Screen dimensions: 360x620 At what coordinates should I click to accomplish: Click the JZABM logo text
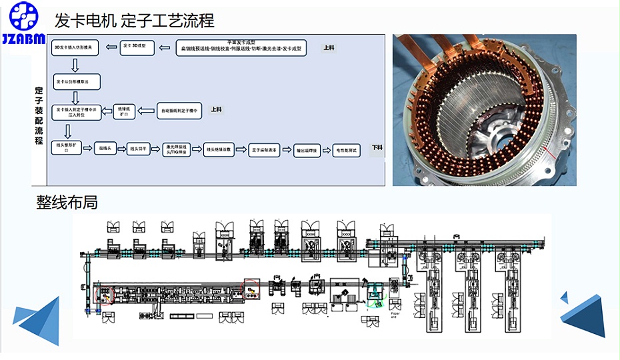tap(23, 39)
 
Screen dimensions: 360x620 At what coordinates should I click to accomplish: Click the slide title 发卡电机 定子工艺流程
tap(135, 21)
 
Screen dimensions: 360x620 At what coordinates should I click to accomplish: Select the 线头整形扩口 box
tap(67, 147)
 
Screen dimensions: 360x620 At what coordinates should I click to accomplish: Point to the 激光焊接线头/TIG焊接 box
tap(178, 149)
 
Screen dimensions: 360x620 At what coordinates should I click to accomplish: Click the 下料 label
tap(377, 147)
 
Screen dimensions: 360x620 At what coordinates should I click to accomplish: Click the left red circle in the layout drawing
tap(105, 294)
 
